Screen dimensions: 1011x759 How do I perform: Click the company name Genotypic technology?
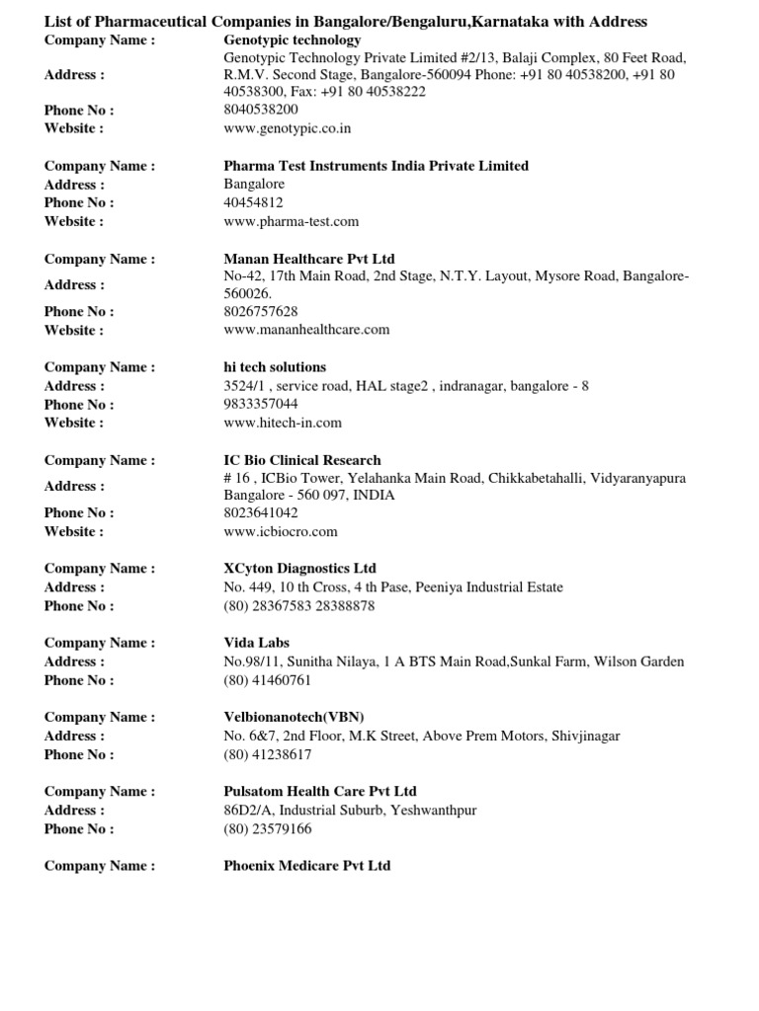point(293,40)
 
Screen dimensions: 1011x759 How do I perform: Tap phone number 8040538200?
point(261,110)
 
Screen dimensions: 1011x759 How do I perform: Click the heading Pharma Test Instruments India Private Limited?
point(377,166)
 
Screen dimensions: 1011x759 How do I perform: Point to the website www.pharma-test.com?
point(292,221)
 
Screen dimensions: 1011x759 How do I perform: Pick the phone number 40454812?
point(254,202)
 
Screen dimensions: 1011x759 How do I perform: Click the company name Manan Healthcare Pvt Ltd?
point(309,259)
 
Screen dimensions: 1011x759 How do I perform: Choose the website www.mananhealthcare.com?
point(307,330)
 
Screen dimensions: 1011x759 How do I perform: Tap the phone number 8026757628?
point(261,311)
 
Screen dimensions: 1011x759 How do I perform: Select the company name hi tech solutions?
point(275,367)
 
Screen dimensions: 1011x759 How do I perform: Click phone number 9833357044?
point(261,404)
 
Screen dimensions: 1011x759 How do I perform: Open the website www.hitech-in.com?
point(283,423)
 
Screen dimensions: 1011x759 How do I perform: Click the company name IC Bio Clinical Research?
point(302,460)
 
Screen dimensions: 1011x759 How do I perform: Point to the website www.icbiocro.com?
point(281,531)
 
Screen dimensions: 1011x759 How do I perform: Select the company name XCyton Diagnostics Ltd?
point(300,569)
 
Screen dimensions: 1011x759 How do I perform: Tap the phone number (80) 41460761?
point(268,680)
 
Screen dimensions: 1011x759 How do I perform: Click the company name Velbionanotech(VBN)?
point(288,717)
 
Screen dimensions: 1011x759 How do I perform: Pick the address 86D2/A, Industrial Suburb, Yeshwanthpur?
point(350,811)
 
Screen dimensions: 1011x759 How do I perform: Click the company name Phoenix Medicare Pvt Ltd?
point(307,866)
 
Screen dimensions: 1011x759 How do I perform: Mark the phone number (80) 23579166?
point(268,829)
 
